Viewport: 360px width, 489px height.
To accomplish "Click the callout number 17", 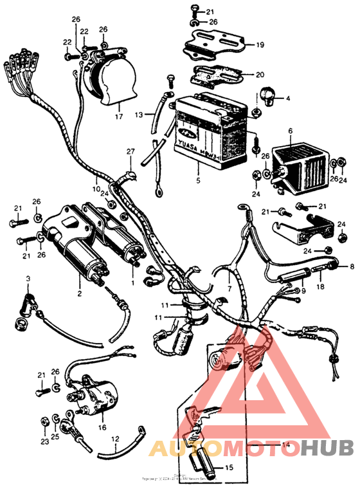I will [x=118, y=117].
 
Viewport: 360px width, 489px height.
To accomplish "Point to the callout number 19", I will [x=260, y=45].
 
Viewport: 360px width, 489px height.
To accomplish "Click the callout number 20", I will [x=260, y=73].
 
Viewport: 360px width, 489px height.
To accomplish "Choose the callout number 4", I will [x=287, y=98].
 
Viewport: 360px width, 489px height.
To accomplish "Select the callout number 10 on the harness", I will [x=96, y=190].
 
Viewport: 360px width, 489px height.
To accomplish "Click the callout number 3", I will [x=28, y=278].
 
